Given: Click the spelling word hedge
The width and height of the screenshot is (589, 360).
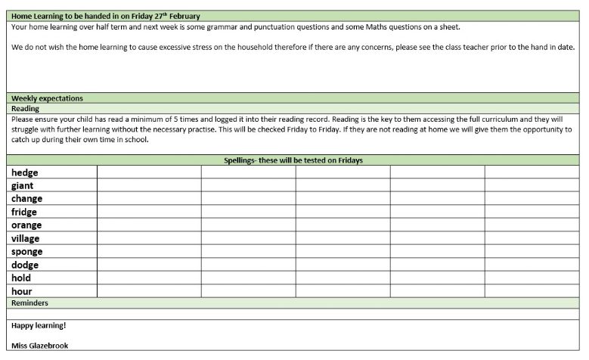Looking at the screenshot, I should tap(25, 172).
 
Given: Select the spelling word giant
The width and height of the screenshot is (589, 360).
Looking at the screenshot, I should tap(23, 185).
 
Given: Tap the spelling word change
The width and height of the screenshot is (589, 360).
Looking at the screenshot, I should tap(27, 199).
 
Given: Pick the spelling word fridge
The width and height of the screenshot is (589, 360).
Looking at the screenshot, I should tap(25, 212).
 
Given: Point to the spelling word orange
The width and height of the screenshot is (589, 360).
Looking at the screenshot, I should tap(26, 225).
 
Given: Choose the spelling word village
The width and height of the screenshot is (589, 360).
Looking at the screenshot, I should tap(26, 238).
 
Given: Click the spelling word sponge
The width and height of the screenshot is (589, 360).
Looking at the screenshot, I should tap(27, 252).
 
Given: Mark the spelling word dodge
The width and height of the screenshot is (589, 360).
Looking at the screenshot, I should tap(25, 265).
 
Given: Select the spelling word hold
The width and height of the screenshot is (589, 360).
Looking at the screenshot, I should tap(21, 278).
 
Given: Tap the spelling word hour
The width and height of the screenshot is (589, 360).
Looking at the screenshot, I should tap(22, 291).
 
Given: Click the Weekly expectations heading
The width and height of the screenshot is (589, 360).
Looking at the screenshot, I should tap(47, 98).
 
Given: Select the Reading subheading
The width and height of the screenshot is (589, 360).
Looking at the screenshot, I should tap(25, 109).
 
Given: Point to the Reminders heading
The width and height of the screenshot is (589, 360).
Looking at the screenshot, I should tap(30, 303).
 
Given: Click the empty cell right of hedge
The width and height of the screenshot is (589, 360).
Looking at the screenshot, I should tap(149, 172).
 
